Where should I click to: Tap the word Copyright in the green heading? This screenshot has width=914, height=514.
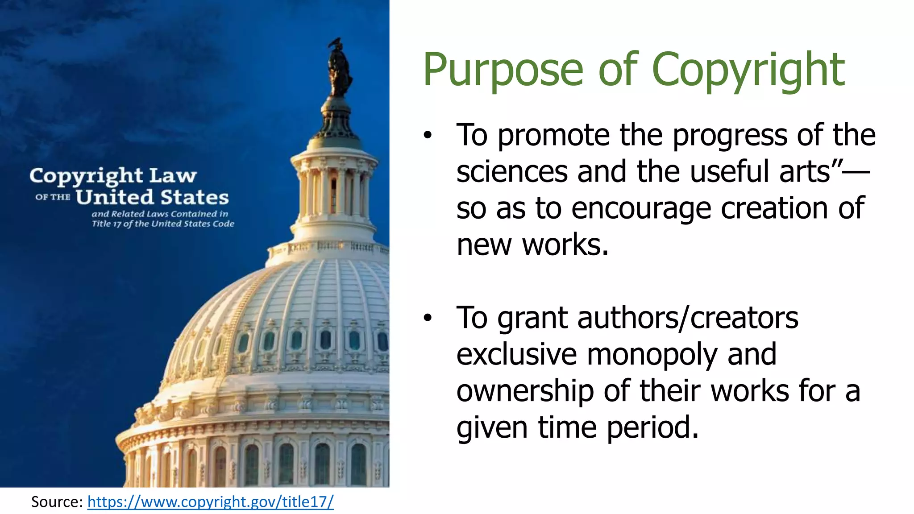[748, 70]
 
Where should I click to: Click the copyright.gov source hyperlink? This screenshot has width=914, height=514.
[210, 502]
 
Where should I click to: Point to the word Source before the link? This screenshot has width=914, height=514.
[56, 502]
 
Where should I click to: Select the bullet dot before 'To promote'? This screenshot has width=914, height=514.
[428, 135]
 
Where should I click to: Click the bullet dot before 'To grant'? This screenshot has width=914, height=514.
[428, 318]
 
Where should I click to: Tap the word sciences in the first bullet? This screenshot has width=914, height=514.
[512, 171]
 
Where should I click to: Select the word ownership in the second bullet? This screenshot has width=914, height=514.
[525, 391]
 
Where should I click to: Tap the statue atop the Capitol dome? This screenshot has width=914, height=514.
[339, 67]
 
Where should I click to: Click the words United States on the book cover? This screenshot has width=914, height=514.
[152, 197]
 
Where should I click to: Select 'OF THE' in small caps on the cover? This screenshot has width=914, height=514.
[53, 197]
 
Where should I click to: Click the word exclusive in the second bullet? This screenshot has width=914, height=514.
[517, 354]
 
